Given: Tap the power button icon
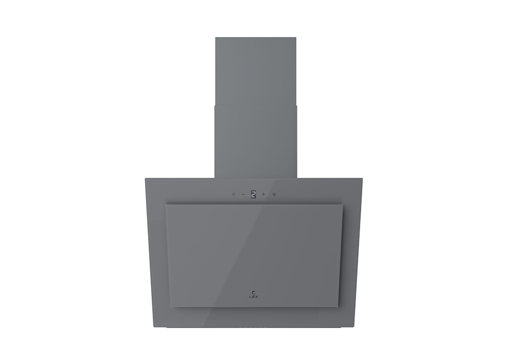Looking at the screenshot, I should click(x=233, y=194).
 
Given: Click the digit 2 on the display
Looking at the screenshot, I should click(x=253, y=194).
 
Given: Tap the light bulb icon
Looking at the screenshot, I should click(x=274, y=194).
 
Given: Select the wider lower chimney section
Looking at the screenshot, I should click(x=255, y=141).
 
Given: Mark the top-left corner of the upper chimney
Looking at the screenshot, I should click(x=215, y=38).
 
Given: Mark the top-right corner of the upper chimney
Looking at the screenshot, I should click(x=296, y=38).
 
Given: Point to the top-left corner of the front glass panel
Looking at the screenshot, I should click(x=166, y=204).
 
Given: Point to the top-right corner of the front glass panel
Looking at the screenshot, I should click(x=342, y=204).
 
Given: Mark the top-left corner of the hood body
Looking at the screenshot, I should click(x=145, y=179).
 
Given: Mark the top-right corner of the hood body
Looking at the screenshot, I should click(x=362, y=179).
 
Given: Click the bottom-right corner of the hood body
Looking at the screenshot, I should click(x=355, y=328).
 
